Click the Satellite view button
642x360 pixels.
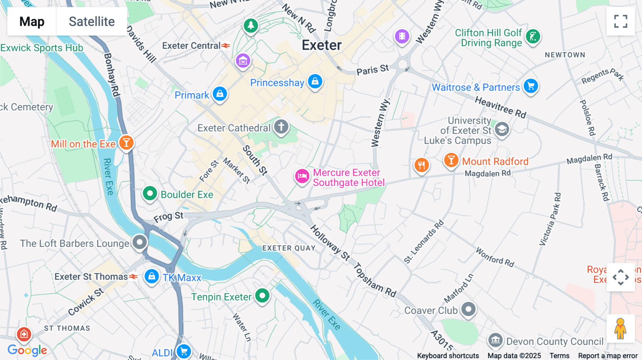coord(92,21)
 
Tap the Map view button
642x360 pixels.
coord(32,21)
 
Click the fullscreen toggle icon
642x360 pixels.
coord(621,21)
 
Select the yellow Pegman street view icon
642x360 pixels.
coord(620,329)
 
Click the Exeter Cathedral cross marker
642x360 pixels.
coord(281,127)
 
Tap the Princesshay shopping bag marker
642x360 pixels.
coord(315,82)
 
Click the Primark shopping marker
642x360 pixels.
coord(220,94)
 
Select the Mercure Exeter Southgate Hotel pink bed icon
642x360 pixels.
coord(302,176)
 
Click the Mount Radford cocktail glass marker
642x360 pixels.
coord(451,160)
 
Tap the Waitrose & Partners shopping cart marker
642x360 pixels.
coord(531,86)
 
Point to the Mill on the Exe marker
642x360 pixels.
coord(126,143)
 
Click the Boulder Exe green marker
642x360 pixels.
coord(150,194)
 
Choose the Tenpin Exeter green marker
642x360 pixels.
coord(263,295)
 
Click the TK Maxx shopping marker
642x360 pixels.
coord(152,276)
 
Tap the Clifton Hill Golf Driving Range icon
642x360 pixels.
coord(533,36)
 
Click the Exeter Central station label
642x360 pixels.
coord(192,46)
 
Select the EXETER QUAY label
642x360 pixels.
coord(289,248)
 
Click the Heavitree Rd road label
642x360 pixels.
coord(500,107)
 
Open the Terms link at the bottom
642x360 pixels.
coord(559,355)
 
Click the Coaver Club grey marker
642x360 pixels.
coord(468,309)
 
